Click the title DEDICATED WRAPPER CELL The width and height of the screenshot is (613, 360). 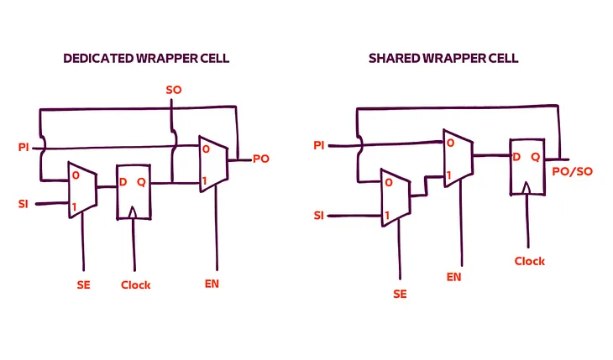click(147, 59)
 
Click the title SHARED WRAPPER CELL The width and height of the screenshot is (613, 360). click(443, 59)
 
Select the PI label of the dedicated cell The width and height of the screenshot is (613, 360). click(24, 148)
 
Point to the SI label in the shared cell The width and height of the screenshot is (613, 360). click(318, 216)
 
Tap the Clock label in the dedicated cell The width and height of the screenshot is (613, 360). click(135, 284)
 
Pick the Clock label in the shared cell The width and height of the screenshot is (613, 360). click(530, 261)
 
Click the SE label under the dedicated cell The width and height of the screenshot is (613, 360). click(82, 284)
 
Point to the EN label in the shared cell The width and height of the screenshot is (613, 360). click(453, 275)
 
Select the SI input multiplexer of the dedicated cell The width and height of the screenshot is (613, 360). click(82, 190)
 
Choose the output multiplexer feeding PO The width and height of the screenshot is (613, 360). click(212, 162)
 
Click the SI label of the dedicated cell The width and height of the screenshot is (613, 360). click(24, 204)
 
